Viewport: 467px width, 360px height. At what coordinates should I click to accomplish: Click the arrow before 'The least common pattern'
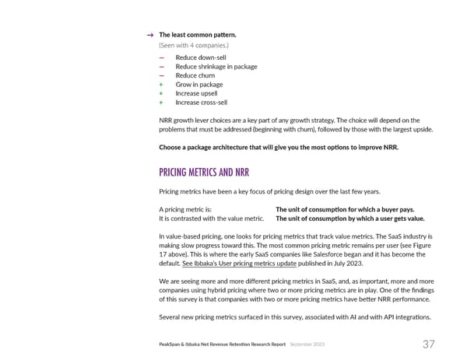[x=149, y=35]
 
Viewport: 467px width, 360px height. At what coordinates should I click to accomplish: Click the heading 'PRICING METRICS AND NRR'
[x=203, y=172]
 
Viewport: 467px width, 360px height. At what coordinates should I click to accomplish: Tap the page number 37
[x=428, y=344]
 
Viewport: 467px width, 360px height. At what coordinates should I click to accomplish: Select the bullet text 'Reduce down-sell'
[x=200, y=58]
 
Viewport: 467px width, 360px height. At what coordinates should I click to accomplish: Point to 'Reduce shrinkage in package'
[x=216, y=67]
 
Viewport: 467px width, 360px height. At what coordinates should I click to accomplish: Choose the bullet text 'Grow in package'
[x=198, y=85]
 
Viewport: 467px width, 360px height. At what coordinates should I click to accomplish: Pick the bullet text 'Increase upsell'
[x=196, y=93]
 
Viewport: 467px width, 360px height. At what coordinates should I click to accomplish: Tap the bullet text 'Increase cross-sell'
[x=202, y=102]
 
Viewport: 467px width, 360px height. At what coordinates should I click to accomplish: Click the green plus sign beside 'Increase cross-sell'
[x=161, y=102]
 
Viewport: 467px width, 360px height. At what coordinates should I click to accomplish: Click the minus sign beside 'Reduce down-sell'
[x=161, y=58]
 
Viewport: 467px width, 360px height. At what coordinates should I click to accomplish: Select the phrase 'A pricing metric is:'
[x=185, y=209]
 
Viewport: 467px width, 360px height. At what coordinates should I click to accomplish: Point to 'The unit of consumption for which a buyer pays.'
[x=345, y=209]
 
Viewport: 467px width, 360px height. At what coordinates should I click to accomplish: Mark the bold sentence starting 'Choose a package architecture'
[x=278, y=148]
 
